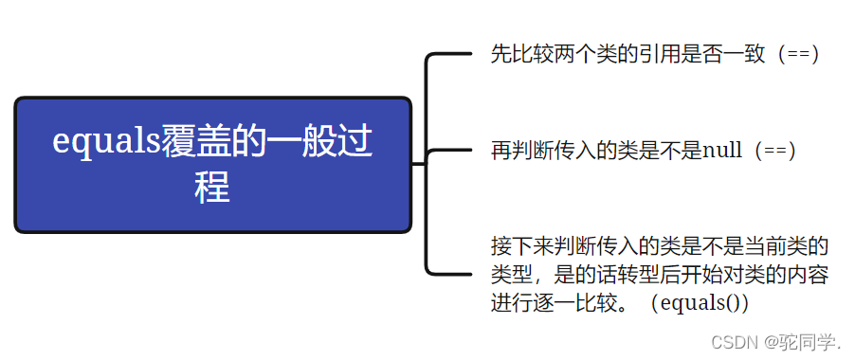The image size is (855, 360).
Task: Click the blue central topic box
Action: (213, 164)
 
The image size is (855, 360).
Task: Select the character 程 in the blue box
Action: (212, 186)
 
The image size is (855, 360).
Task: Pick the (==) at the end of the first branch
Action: (797, 53)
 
